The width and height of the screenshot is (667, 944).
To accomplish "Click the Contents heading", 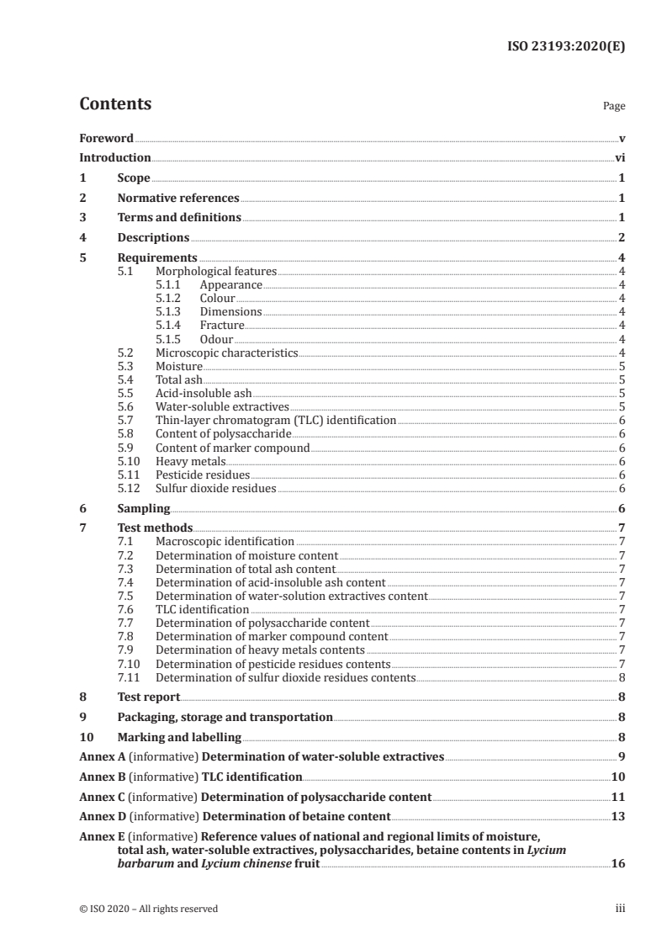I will coord(115,104).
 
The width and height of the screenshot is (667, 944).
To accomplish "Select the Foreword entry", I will coord(106,138).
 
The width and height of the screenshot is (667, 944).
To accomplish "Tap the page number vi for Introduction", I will coord(619,157).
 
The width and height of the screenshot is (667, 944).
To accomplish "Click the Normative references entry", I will coord(178,199).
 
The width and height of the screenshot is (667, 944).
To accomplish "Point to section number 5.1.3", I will coord(170,311).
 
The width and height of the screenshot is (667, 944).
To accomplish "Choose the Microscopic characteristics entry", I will coord(227,353).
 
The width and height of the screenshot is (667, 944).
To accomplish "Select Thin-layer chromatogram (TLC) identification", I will coord(276,420).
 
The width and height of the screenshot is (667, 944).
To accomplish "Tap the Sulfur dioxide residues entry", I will coord(216,488).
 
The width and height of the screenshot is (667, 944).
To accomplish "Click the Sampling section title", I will coord(144,508).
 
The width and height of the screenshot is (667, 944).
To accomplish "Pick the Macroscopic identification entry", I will coord(225,542).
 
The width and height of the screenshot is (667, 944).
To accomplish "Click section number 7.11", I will coord(127,677).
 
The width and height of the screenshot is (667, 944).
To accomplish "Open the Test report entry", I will coord(149,697).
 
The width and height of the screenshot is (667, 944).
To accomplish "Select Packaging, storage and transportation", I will coord(225,718).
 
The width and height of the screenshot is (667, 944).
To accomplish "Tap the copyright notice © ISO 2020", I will coord(106,909).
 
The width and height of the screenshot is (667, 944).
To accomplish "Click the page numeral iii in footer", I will coord(620,909).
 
